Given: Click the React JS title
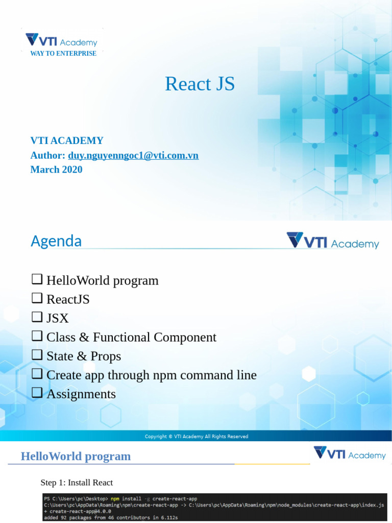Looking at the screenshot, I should (200, 84).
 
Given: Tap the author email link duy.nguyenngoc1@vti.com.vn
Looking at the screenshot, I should (133, 155).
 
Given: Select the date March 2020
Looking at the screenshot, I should (56, 170).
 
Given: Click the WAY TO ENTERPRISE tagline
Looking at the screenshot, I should (63, 54).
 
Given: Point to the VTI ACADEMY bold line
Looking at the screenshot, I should (67, 140).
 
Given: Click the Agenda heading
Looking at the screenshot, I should (56, 241).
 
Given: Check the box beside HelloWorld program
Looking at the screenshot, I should (37, 279).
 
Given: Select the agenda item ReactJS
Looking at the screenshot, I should (68, 299).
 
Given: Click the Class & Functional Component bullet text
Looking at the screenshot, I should (131, 337).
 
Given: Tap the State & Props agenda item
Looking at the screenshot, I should (84, 356).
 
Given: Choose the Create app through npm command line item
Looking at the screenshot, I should (151, 375).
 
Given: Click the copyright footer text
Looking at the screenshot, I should (197, 437).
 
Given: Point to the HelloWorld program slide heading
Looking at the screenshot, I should (76, 456).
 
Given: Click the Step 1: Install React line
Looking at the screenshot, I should (77, 483).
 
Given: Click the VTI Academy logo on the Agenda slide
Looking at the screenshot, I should (333, 241).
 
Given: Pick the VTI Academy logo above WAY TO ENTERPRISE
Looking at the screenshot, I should (61, 40).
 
